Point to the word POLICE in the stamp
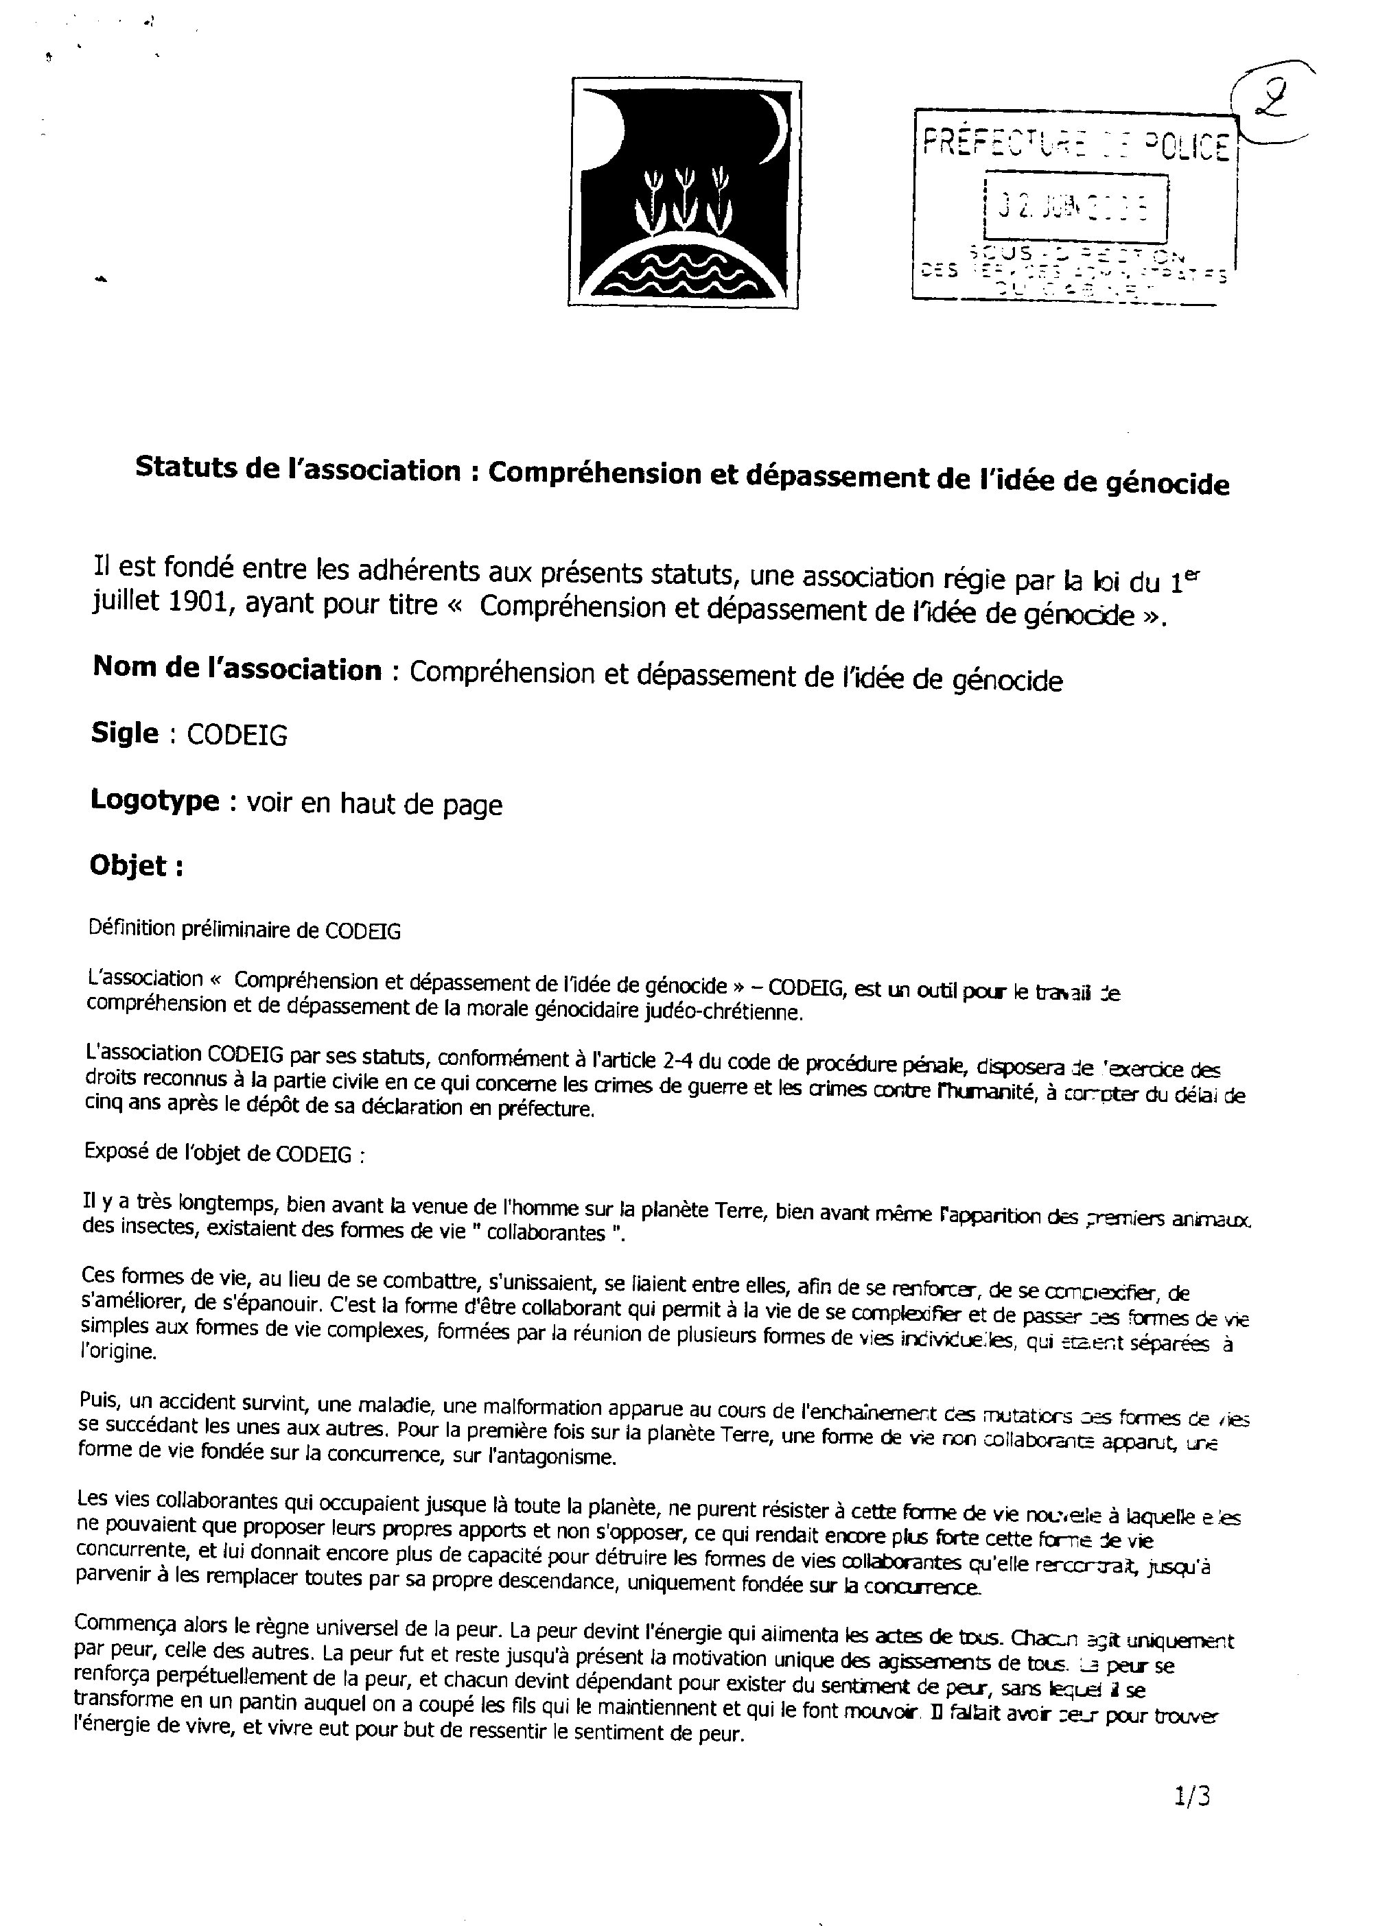(1185, 147)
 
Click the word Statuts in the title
(185, 469)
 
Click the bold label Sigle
(125, 733)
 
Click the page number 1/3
(1192, 1795)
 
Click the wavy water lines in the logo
(685, 274)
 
